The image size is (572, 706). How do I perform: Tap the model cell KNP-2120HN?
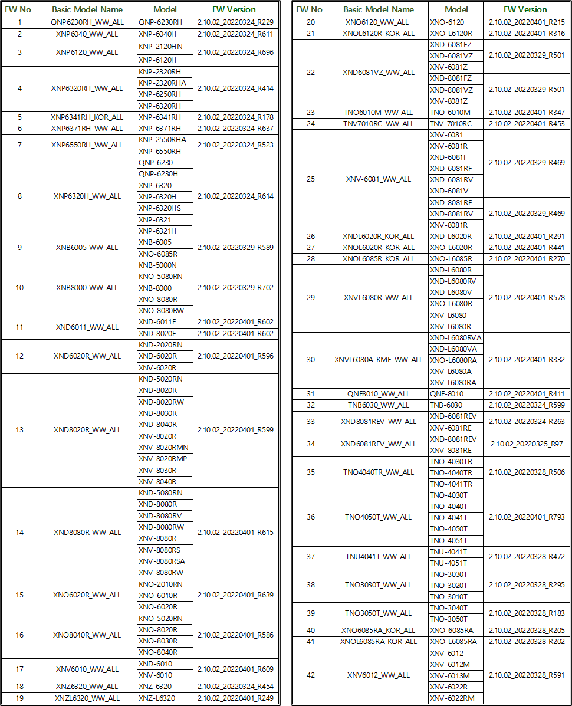coord(160,46)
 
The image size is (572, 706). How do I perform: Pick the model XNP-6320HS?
coord(160,208)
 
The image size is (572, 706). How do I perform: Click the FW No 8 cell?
coord(19,196)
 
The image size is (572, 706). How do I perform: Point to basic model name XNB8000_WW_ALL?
coord(87,288)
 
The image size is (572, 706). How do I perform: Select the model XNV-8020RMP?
coord(163,459)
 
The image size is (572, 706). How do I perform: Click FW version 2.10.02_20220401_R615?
coord(235,533)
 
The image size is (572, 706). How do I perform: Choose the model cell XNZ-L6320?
coord(156,698)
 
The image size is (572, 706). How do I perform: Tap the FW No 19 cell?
coord(19,698)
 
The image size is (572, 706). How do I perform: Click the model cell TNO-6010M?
coord(450,112)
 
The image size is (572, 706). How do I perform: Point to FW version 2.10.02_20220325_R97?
coord(527,444)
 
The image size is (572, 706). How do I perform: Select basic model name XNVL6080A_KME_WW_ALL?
coord(378,360)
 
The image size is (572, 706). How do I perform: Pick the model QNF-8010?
coord(446,393)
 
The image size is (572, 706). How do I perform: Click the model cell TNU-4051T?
coord(448,563)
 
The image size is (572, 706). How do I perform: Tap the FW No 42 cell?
coord(311,675)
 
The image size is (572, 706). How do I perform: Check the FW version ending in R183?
coord(527,613)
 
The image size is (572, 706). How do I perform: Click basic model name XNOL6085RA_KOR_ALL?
coord(378,642)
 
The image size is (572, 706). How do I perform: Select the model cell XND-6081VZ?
coord(451,55)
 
